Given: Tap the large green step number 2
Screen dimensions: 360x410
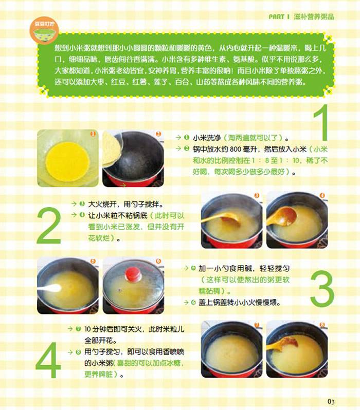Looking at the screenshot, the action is [49, 226].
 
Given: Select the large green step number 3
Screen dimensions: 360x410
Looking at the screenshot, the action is [322, 288].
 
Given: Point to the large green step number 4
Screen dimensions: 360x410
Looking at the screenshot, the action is [48, 360].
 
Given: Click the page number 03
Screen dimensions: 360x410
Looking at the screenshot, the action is [331, 401].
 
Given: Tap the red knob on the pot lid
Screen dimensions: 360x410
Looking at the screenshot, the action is [133, 274].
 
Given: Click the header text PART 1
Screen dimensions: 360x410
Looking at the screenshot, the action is [279, 17].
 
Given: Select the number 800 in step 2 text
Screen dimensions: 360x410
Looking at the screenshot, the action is [236, 149].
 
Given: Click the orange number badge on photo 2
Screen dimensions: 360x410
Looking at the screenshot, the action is [158, 134].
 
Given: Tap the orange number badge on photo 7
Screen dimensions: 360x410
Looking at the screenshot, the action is [257, 325].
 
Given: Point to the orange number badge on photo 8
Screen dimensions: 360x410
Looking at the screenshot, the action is [322, 325].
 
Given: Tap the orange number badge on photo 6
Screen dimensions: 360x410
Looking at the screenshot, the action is [158, 261].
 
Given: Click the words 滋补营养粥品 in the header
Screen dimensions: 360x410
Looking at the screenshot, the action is [314, 17].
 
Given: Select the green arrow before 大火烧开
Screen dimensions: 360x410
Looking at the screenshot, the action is [75, 203].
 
